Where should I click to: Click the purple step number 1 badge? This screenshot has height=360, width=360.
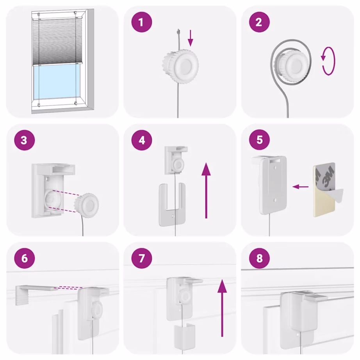pos(141,22)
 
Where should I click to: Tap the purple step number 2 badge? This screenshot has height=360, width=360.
pos(259,22)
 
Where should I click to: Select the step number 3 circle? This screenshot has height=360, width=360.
pos(24,140)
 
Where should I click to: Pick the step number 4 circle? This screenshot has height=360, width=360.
pos(141,140)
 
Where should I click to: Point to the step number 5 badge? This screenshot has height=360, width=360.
pos(259,140)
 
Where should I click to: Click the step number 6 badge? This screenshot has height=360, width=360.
pos(24,258)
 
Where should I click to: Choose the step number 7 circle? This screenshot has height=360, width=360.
pos(141,258)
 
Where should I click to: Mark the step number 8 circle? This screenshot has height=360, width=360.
pos(259,258)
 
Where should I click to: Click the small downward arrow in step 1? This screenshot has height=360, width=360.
pos(191,38)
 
